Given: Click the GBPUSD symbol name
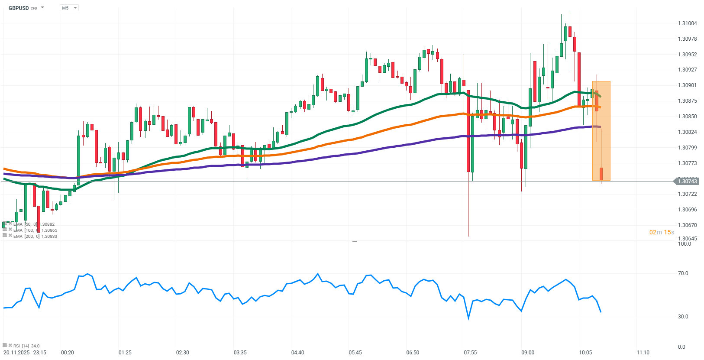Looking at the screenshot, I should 19,8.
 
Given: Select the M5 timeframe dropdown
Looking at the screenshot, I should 69,8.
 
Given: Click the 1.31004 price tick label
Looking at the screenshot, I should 687,23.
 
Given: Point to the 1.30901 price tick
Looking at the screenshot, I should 687,85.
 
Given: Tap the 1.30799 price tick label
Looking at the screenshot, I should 687,148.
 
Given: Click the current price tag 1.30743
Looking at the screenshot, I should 687,182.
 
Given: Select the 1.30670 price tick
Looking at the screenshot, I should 687,225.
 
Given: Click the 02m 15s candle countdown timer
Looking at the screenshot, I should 662,233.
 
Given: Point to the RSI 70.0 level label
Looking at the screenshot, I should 683,273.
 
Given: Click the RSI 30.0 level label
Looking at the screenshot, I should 683,317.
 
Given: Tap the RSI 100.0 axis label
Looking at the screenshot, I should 684,244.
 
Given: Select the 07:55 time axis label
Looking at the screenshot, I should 470,353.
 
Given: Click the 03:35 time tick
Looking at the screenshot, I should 240,353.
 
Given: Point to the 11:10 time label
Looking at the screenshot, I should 643,353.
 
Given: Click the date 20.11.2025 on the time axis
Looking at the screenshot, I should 16,353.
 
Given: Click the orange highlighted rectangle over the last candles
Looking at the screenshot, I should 601,130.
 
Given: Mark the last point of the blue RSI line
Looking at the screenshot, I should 601,312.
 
